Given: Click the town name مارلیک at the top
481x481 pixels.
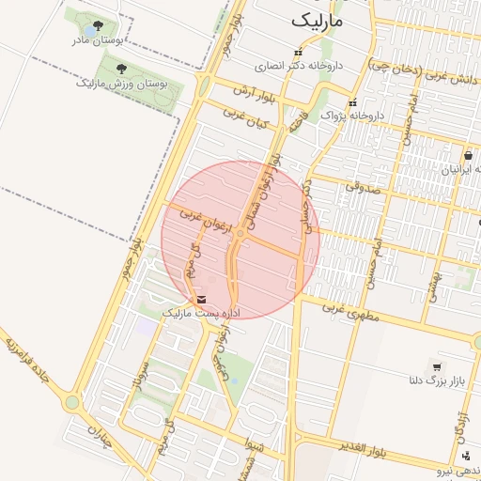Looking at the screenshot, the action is tap(318, 20).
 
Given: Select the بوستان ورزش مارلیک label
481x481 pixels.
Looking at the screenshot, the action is tap(122, 84).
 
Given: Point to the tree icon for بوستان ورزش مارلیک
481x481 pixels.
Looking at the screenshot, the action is tap(121, 68).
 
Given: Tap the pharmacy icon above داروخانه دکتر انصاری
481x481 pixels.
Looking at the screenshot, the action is tap(300, 53).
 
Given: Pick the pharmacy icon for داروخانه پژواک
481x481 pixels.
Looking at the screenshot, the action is tap(353, 102).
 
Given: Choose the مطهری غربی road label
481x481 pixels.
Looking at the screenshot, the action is tap(349, 311).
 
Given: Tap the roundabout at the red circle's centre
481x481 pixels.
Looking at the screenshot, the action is tap(241, 235).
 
